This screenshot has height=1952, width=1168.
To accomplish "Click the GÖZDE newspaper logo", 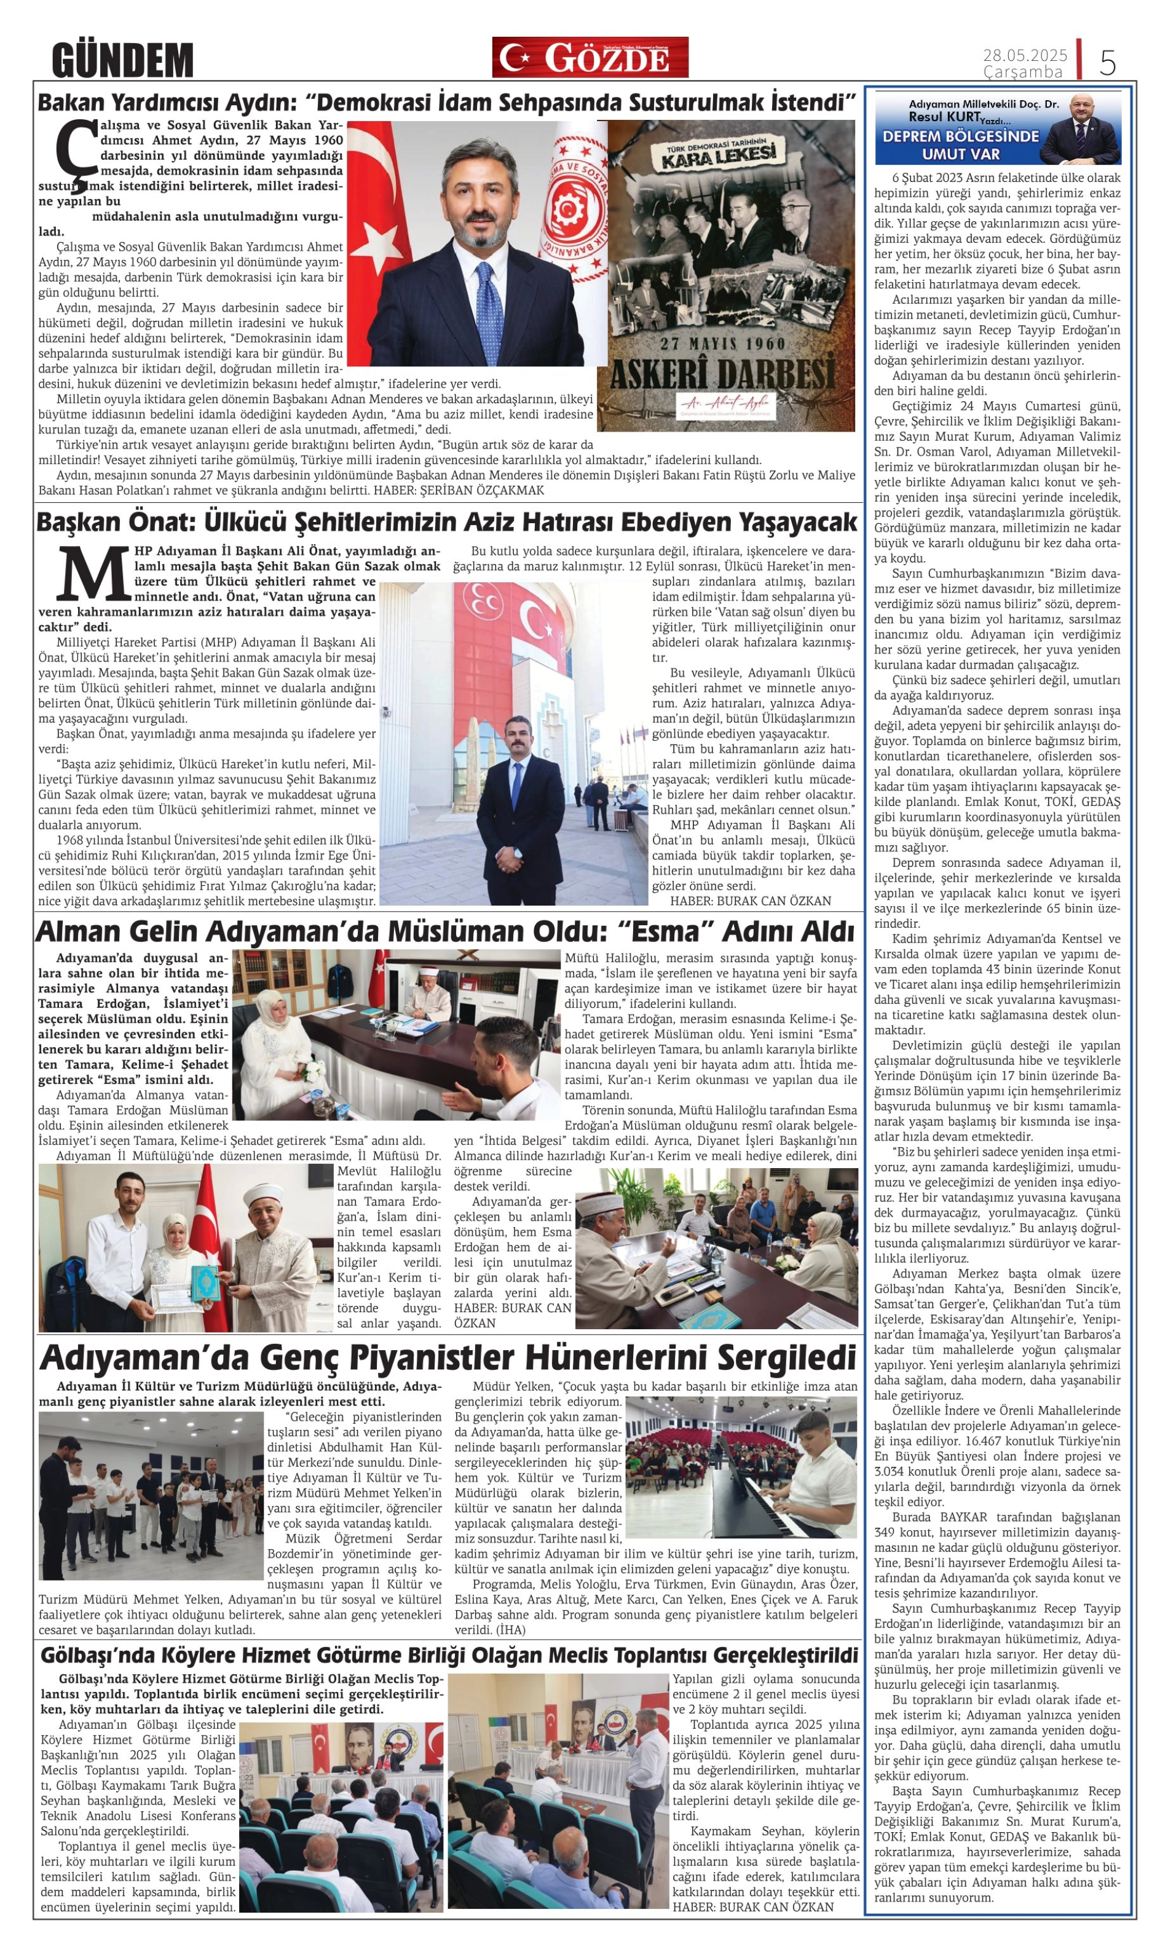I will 590,57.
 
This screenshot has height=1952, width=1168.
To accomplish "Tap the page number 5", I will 1107,61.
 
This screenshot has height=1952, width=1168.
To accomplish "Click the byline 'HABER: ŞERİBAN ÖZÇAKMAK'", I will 459,491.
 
